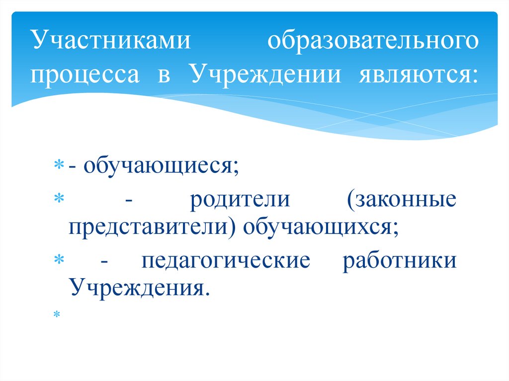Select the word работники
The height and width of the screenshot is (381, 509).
tap(399, 260)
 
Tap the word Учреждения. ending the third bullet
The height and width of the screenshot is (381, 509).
tap(137, 287)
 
